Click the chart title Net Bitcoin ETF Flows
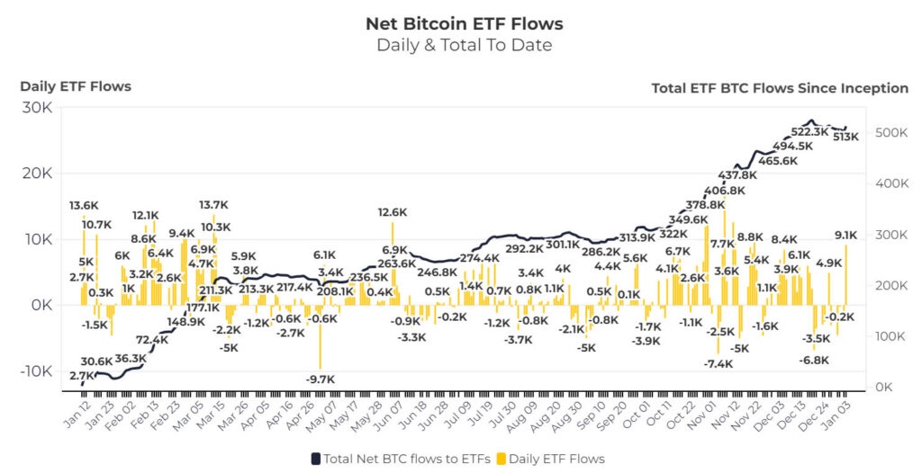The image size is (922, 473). click(464, 22)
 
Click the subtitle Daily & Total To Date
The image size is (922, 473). click(464, 45)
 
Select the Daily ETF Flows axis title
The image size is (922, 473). click(76, 86)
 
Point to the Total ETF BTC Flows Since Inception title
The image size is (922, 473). click(779, 87)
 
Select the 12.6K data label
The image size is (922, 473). click(393, 213)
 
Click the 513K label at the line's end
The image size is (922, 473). click(846, 137)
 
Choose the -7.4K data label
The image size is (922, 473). click(719, 363)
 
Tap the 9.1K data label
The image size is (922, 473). click(846, 236)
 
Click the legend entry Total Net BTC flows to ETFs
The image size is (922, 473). click(401, 459)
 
